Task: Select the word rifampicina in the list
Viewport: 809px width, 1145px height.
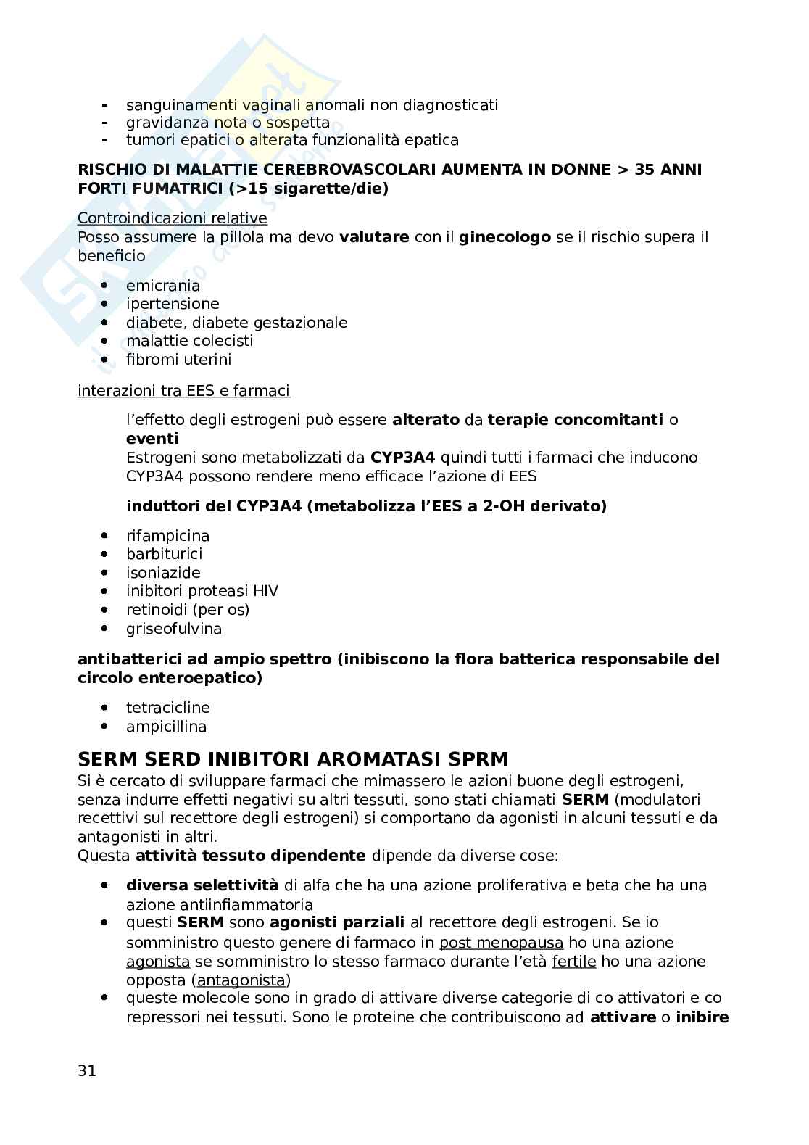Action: (167, 536)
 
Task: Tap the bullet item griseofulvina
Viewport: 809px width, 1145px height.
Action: (174, 629)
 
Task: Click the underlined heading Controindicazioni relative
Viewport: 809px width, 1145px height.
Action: (173, 218)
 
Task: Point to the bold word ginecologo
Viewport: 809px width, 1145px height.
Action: (505, 237)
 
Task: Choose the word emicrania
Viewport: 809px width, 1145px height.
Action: (163, 286)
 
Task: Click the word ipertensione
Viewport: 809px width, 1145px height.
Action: (173, 304)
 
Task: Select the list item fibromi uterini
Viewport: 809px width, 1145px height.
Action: (178, 360)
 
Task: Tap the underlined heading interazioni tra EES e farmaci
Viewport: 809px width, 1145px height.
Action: (183, 392)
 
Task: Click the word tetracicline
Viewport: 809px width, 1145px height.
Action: (168, 708)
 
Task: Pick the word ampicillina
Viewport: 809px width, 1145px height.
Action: (166, 727)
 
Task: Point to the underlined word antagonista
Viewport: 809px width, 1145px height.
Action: (241, 980)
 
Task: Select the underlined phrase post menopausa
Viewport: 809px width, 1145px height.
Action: (501, 943)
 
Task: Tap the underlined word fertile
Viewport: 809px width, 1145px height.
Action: (573, 962)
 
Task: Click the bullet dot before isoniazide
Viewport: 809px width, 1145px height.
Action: (105, 573)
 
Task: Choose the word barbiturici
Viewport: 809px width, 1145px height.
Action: (165, 554)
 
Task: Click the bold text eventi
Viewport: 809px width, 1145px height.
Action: (152, 439)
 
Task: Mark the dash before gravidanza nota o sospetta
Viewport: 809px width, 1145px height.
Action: (105, 123)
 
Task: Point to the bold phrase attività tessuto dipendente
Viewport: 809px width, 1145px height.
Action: (251, 856)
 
